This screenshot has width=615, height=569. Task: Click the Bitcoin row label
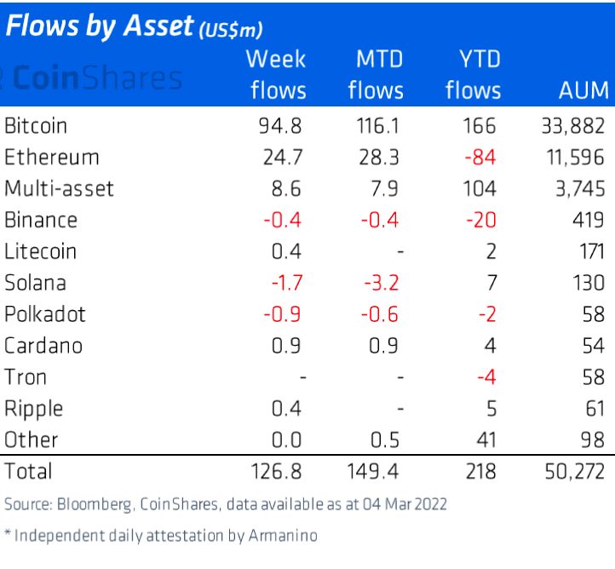tap(36, 126)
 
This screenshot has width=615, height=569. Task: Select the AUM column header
tap(583, 90)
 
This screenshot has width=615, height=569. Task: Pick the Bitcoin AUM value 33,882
tap(572, 126)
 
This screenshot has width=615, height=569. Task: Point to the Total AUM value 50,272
tap(572, 471)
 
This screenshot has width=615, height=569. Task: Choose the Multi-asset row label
tap(58, 189)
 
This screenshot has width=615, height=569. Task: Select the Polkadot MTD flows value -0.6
tap(378, 314)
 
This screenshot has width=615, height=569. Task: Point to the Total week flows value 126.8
tap(275, 471)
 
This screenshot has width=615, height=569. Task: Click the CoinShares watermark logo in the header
tap(94, 78)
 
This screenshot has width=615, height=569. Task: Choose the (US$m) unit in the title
tap(230, 30)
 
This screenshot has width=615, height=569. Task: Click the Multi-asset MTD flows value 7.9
tap(382, 189)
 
